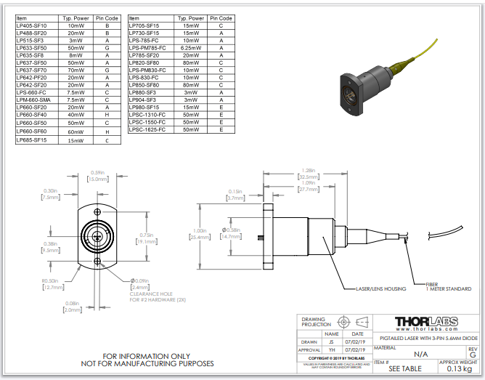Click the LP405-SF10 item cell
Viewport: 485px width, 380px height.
31,25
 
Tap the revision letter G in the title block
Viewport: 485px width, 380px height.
473,355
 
